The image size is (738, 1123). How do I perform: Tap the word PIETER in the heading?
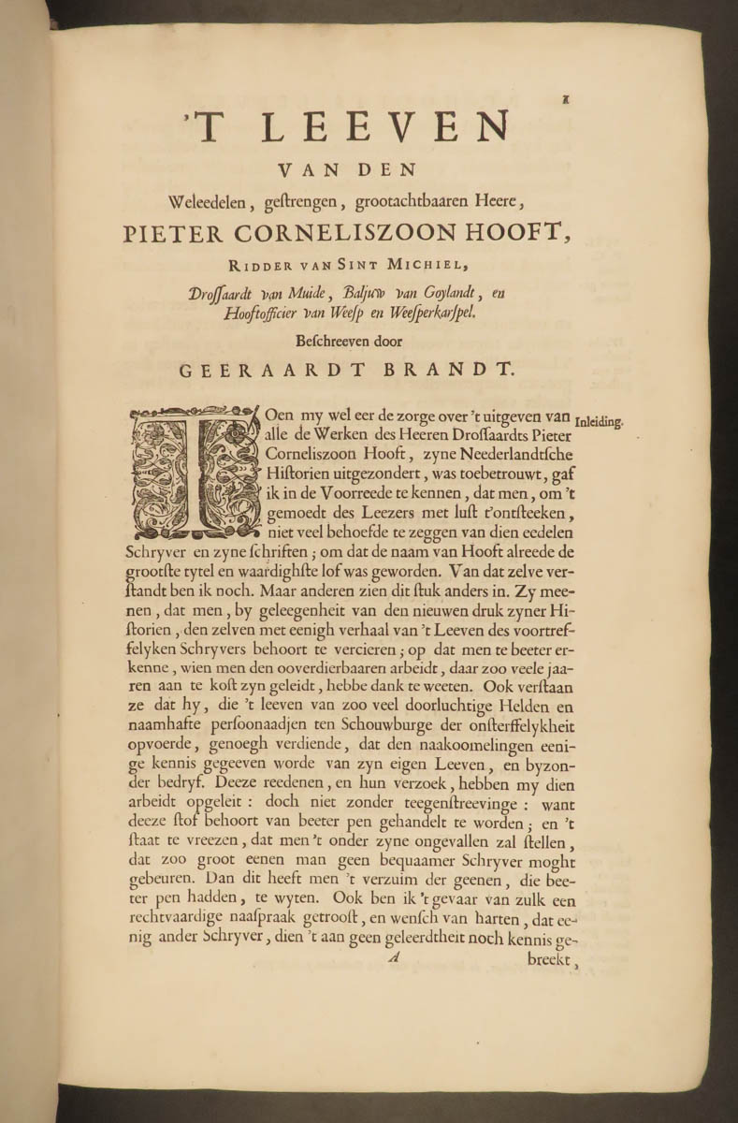pos(168,234)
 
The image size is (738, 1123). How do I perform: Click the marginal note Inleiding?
pos(599,421)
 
